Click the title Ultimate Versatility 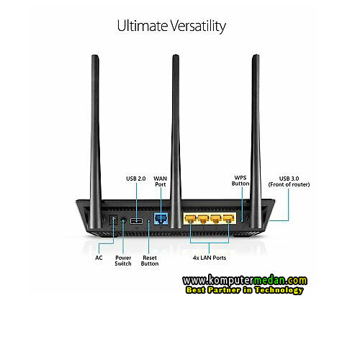[171, 26]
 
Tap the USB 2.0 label [136, 179]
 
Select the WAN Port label [161, 181]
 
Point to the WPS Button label [240, 181]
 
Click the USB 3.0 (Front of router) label [289, 181]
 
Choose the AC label [99, 258]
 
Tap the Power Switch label [123, 261]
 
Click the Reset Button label [150, 261]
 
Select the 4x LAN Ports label [210, 258]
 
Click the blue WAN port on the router [161, 218]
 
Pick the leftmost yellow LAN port [191, 219]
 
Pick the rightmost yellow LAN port [228, 219]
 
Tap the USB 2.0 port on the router [136, 221]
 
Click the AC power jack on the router [113, 220]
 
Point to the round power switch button [123, 220]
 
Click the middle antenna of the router [176, 142]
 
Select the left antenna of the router [96, 142]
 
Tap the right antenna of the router [256, 142]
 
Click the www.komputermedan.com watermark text [245, 280]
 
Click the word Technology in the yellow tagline [279, 290]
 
